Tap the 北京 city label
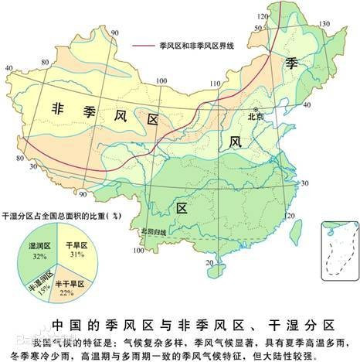[255, 116]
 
